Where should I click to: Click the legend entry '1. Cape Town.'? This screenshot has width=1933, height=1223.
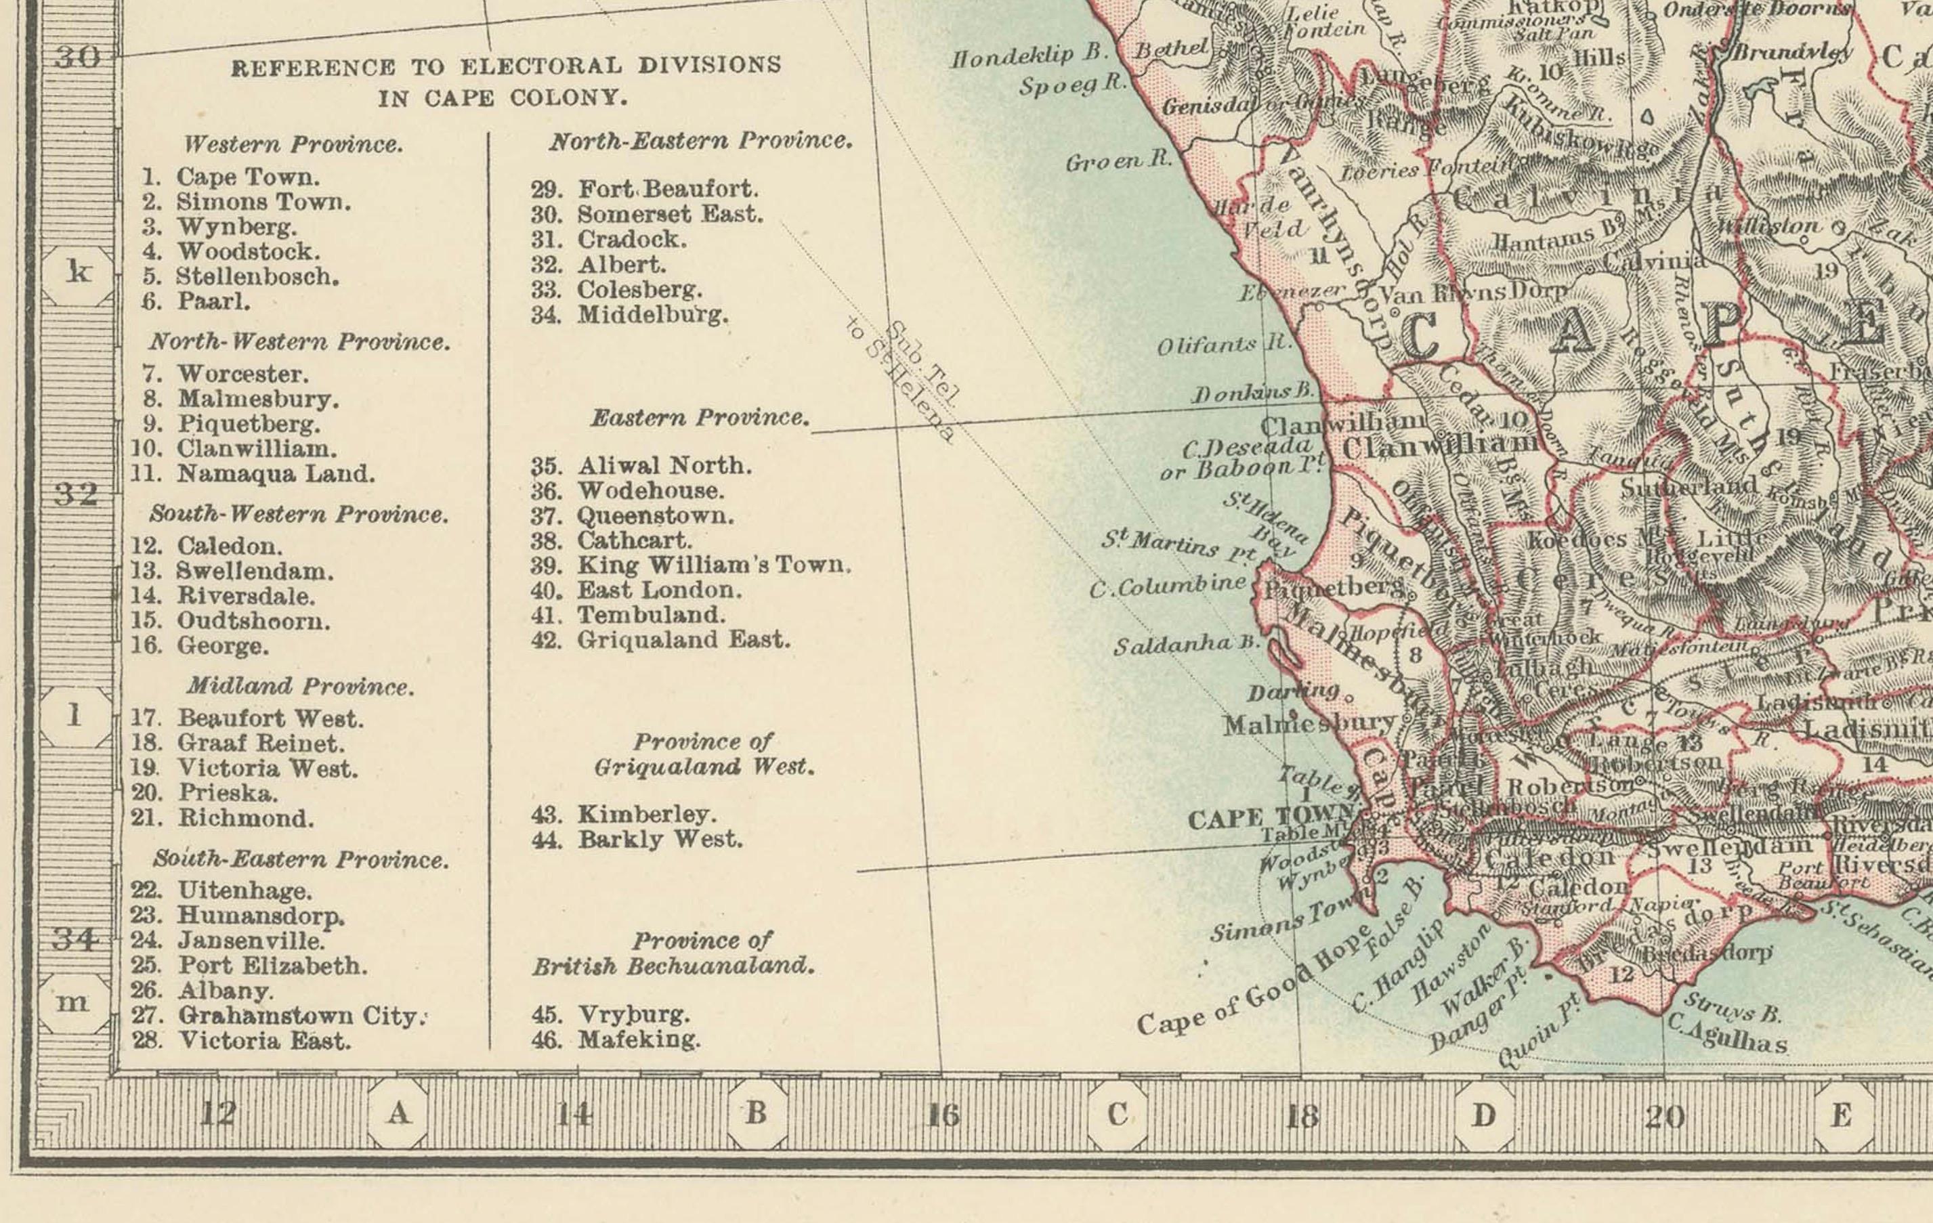(231, 177)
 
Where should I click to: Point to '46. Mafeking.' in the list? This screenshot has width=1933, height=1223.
(616, 1039)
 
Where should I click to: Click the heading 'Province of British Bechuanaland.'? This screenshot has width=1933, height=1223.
(673, 953)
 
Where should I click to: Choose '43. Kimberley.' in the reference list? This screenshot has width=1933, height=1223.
(623, 815)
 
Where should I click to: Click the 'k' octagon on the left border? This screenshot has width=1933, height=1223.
(78, 274)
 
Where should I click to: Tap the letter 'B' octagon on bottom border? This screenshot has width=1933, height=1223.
(755, 1114)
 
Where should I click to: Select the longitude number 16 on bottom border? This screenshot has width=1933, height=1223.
(944, 1115)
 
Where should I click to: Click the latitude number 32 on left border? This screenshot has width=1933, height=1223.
(77, 494)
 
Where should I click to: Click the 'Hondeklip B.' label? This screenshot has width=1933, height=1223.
(1029, 57)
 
